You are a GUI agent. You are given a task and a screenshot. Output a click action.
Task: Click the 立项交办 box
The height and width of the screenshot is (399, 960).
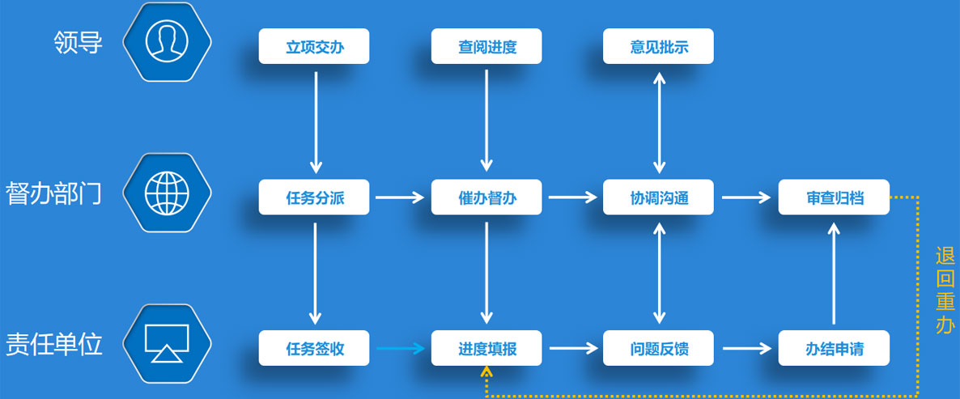tap(314, 46)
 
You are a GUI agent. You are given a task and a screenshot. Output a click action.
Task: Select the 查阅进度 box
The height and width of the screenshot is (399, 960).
tap(486, 46)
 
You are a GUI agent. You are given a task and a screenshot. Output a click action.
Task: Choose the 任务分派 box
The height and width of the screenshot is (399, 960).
tap(314, 197)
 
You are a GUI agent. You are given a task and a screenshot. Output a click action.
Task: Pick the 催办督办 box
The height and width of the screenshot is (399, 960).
tap(486, 197)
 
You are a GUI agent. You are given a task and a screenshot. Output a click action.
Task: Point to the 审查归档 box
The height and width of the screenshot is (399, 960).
tap(834, 197)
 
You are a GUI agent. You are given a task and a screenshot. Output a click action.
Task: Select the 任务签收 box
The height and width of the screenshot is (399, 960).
tap(314, 349)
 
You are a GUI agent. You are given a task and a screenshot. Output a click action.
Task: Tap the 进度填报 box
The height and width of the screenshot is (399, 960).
tap(486, 349)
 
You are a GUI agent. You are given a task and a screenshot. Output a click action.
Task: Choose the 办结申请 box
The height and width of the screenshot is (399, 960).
tap(834, 349)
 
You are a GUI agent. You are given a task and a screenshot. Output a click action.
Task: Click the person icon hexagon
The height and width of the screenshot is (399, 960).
tap(167, 41)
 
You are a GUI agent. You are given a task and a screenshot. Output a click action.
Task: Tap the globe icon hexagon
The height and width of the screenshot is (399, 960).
tap(167, 193)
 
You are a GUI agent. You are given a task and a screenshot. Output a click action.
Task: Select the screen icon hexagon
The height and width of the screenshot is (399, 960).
tap(167, 344)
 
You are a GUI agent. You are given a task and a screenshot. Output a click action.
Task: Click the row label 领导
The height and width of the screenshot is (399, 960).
tap(79, 42)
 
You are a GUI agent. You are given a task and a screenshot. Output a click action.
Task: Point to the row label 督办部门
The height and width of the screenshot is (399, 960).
tap(54, 193)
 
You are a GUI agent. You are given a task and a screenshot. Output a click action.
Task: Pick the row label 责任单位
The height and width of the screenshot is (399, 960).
tap(54, 345)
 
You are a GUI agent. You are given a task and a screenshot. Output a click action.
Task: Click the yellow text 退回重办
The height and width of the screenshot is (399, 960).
tap(945, 291)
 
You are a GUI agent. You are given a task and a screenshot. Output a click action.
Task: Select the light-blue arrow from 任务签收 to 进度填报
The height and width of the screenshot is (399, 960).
tap(400, 349)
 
